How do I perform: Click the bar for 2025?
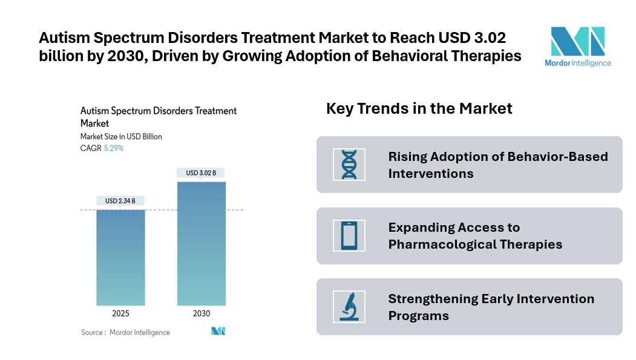click(x=120, y=257)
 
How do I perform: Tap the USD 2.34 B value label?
click(x=120, y=201)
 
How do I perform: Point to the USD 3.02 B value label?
click(x=202, y=172)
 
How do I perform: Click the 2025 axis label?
click(x=120, y=313)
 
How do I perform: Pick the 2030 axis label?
click(x=202, y=313)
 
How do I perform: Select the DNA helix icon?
click(x=349, y=164)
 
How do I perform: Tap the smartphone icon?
click(x=349, y=235)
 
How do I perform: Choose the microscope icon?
click(x=349, y=307)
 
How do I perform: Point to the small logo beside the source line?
click(x=218, y=332)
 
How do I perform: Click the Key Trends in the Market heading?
click(x=419, y=108)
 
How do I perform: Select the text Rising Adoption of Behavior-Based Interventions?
click(x=497, y=165)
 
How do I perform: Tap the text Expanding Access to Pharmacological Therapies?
click(x=475, y=236)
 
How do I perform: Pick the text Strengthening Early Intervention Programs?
click(x=491, y=307)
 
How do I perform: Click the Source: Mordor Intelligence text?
click(x=126, y=332)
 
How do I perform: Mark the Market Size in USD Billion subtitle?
click(x=121, y=137)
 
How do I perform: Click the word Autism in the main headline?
click(x=62, y=38)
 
